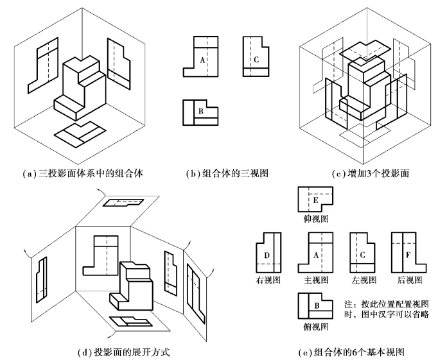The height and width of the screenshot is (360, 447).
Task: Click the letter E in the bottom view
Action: tap(315, 201)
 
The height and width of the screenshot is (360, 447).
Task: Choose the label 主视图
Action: tap(312, 281)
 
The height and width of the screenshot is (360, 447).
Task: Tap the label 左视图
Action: tap(360, 281)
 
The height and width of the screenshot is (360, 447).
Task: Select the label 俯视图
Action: tap(313, 327)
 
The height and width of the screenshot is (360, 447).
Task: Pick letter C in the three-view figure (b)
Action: tap(256, 60)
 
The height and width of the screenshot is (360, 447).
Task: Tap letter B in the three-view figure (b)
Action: tap(201, 111)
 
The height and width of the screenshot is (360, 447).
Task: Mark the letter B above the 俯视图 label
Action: tap(316, 307)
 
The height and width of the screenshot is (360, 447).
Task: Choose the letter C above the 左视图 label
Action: tap(363, 255)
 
